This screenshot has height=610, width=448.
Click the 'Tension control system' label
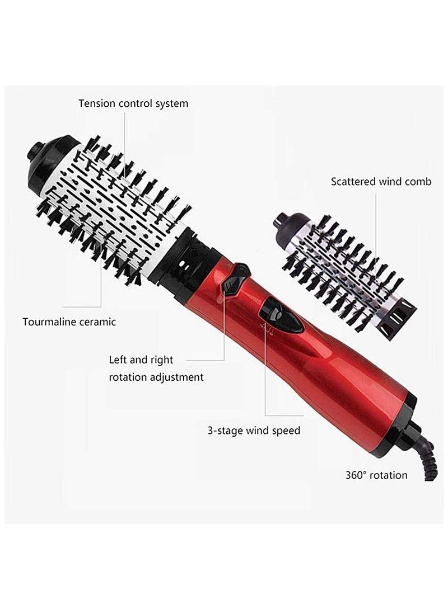pyautogui.click(x=133, y=103)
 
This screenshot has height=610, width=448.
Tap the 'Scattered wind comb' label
pyautogui.click(x=381, y=182)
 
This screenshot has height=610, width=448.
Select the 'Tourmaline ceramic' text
pyautogui.click(x=69, y=322)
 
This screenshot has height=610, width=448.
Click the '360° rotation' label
pyautogui.click(x=376, y=475)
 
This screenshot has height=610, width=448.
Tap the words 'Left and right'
pyautogui.click(x=141, y=360)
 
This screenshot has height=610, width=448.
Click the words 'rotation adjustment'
pyautogui.click(x=156, y=377)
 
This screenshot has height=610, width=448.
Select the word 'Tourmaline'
pyautogui.click(x=52, y=322)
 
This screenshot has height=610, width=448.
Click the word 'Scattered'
pyautogui.click(x=353, y=182)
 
